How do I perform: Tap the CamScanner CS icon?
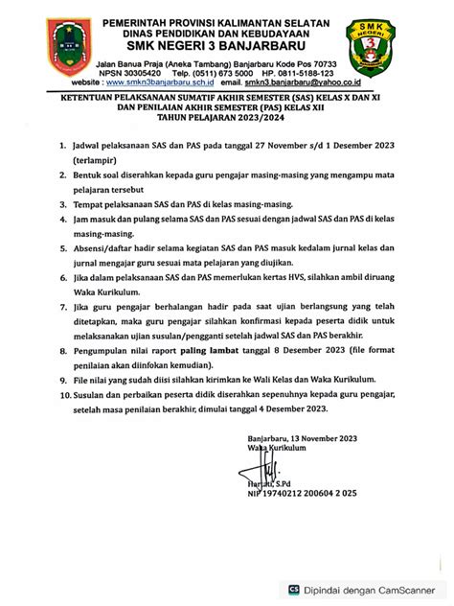(x=296, y=591)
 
